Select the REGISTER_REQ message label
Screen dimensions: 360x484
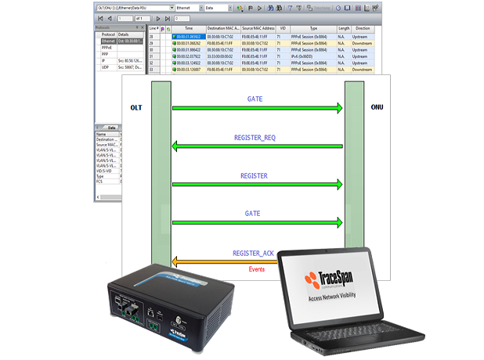tap(255, 138)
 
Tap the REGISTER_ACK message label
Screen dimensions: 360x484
tap(255, 254)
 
